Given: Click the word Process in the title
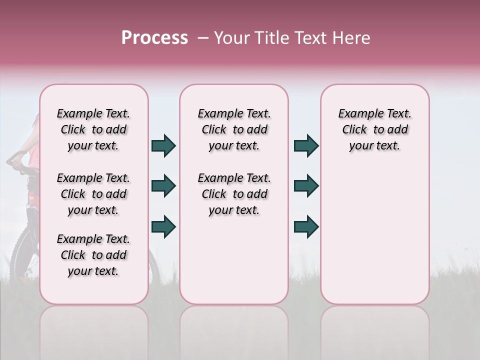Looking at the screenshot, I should (x=154, y=38).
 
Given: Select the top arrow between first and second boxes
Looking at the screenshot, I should (x=163, y=146).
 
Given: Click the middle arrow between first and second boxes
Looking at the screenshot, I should (x=163, y=186).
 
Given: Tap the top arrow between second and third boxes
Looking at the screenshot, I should (x=306, y=146).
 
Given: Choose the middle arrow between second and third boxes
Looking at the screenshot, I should (x=306, y=186).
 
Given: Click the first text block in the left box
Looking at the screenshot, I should (x=93, y=129).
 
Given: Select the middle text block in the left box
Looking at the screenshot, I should (x=93, y=194).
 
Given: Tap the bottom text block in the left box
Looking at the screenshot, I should (x=93, y=255).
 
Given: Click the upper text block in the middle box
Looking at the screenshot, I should (x=234, y=129).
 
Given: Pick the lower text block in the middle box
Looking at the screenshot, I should (x=234, y=194).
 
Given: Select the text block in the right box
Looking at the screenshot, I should (x=375, y=129).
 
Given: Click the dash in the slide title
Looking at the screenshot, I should (x=202, y=38).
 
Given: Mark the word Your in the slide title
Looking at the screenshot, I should (x=230, y=38).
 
